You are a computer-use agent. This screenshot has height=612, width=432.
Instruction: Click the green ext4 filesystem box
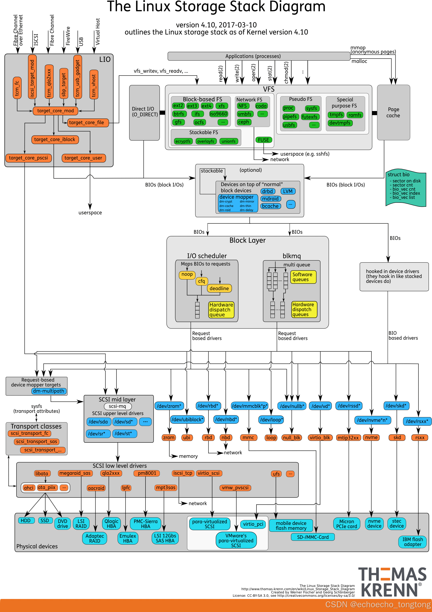(206, 106)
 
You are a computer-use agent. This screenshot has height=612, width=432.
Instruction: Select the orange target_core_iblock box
(55, 140)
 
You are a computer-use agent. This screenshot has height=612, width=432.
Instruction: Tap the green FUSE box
(263, 140)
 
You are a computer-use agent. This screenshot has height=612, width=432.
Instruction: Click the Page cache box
(393, 112)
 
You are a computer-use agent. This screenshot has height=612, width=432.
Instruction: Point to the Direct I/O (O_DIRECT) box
(144, 112)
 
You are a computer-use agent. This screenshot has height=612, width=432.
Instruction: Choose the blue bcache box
(270, 206)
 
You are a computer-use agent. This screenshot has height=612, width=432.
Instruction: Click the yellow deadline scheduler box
(219, 288)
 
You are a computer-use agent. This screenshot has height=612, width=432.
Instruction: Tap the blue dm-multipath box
(49, 391)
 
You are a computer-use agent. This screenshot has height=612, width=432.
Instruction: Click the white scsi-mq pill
(118, 406)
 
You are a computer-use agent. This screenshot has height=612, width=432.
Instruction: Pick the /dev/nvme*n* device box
(372, 420)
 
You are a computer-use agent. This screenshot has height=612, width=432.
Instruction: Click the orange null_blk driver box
(291, 438)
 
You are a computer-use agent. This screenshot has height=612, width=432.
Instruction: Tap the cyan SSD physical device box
(45, 520)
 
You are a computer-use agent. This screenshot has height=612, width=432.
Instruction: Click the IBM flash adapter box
(412, 542)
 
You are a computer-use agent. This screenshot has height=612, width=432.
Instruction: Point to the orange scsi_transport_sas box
(36, 442)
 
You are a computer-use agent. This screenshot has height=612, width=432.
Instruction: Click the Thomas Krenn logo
(392, 582)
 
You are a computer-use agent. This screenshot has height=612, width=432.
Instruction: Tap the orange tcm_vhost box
(94, 84)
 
